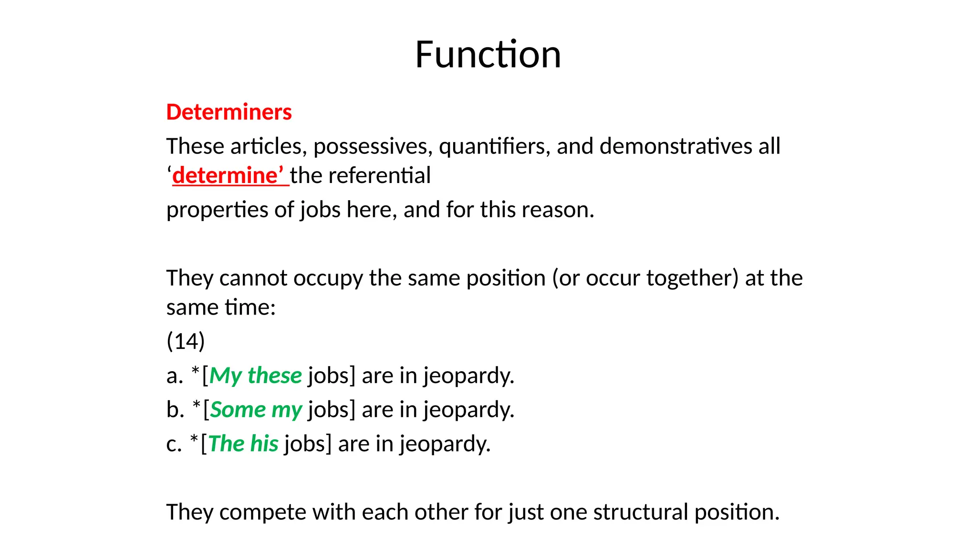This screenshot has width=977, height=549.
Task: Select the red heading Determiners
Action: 229,112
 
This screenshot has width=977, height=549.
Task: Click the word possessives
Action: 373,146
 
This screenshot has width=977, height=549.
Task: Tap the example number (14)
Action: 186,341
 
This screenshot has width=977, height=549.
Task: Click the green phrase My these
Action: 255,376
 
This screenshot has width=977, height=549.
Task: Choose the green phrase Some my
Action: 256,410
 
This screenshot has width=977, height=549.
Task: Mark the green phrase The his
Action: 243,444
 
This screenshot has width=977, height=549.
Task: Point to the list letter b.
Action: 175,410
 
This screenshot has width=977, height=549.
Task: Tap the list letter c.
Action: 174,444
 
